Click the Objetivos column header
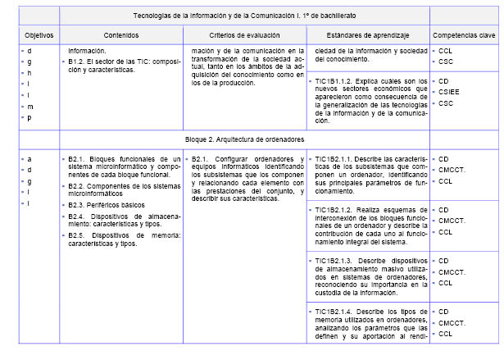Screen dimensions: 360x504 pyautogui.click(x=38, y=36)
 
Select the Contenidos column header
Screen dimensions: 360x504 pyautogui.click(x=120, y=36)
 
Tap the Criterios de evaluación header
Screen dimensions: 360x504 pyautogui.click(x=244, y=36)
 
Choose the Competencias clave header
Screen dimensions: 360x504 pyautogui.click(x=465, y=36)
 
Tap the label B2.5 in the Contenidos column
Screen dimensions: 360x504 pyautogui.click(x=79, y=235)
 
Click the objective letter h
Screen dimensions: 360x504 pyautogui.click(x=29, y=73)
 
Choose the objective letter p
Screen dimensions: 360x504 pyautogui.click(x=29, y=117)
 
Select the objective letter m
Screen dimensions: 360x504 pyautogui.click(x=30, y=106)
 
